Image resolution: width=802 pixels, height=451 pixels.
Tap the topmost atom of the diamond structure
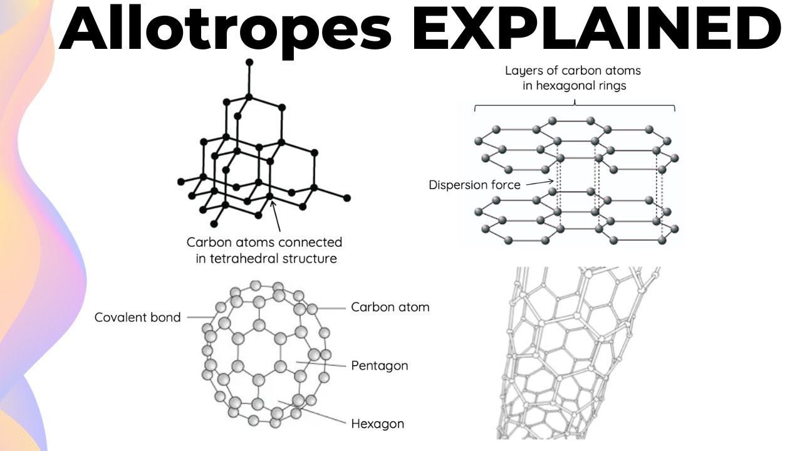(249, 62)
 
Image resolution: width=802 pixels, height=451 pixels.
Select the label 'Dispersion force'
(474, 185)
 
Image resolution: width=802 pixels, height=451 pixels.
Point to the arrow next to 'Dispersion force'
(537, 184)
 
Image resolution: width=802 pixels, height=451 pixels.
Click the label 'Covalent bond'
(137, 318)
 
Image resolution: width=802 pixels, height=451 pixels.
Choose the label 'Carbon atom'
(390, 308)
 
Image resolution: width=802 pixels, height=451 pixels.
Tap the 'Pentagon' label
(379, 365)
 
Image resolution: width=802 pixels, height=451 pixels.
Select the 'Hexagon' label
(377, 423)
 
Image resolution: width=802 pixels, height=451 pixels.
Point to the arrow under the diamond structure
(275, 216)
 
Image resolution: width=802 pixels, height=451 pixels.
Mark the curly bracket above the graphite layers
(575, 103)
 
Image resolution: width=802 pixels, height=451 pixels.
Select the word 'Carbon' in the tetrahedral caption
(207, 242)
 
